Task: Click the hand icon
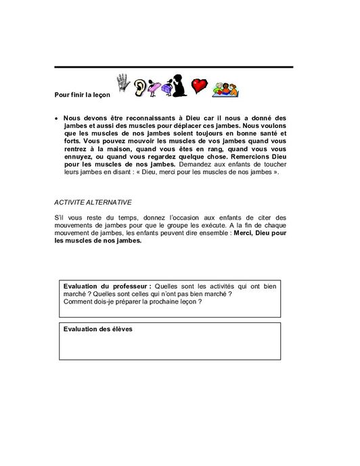click(x=123, y=83)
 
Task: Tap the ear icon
click(x=140, y=87)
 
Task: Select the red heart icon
click(x=199, y=85)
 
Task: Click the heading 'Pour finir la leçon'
click(x=82, y=94)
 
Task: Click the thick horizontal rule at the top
click(x=173, y=67)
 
